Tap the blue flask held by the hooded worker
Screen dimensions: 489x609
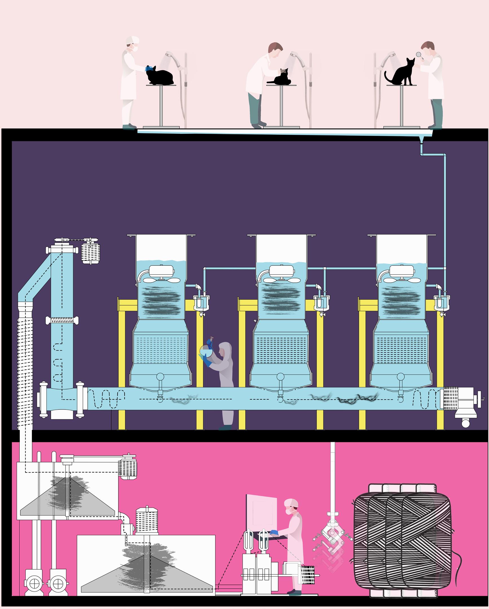click(x=206, y=350)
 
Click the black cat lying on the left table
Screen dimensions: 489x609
click(x=160, y=76)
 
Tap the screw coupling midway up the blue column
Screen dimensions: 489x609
click(x=62, y=321)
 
